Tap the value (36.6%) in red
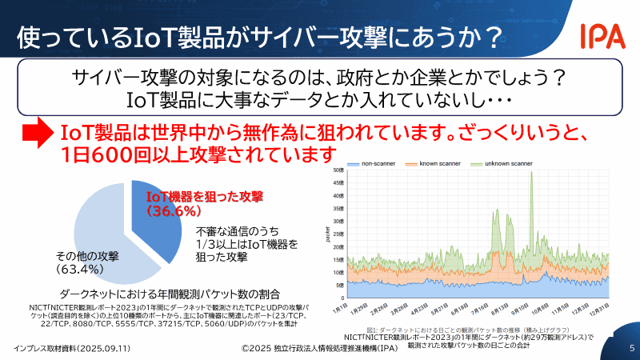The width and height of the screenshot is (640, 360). coord(171,210)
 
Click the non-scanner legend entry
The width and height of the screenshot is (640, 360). coord(374,163)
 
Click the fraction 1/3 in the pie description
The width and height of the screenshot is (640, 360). coord(206,244)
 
